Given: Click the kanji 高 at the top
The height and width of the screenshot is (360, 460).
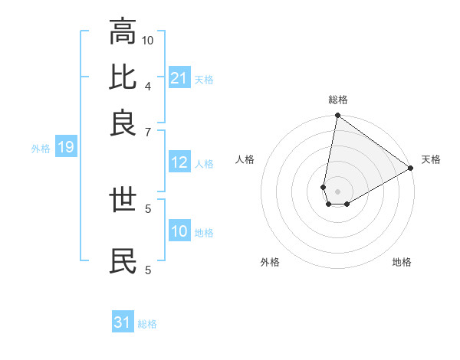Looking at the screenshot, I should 123,33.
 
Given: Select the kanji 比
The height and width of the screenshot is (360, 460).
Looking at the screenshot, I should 123,78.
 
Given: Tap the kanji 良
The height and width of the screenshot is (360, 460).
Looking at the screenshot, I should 123,123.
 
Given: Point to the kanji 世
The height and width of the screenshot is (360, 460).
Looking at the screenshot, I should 123,201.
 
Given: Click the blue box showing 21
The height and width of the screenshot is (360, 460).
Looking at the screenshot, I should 179,78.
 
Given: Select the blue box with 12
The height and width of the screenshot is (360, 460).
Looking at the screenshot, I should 179,162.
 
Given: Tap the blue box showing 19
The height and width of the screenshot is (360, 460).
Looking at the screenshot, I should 66,148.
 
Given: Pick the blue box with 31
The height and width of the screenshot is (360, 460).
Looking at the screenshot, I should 123,322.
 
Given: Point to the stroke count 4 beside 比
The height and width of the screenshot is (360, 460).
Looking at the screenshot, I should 147,86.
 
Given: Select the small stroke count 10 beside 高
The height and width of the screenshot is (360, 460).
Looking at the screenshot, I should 148,40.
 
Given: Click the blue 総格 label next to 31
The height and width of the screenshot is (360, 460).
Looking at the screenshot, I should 147,324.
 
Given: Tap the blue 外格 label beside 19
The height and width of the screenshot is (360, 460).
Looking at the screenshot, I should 41,149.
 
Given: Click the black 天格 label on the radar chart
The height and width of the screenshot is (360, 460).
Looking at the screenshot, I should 431,159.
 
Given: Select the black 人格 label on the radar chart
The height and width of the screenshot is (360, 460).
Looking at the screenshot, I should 245,159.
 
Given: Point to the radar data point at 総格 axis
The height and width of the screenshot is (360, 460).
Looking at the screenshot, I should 337,116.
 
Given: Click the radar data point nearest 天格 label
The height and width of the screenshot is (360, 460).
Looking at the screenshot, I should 411,169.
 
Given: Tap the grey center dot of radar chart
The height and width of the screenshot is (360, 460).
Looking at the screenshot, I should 337,191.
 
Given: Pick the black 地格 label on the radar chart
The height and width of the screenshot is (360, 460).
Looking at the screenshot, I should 402,262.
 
